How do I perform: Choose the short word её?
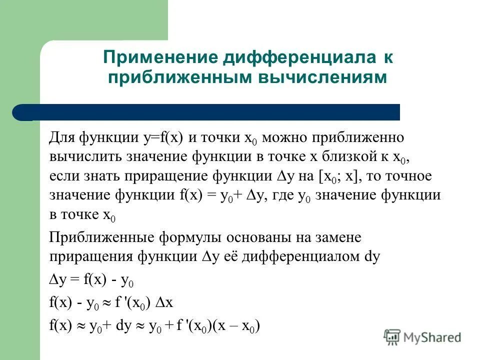tap(234, 256)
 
